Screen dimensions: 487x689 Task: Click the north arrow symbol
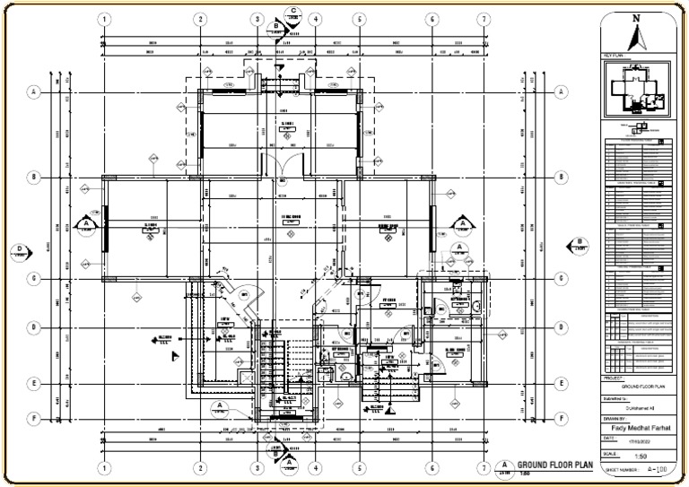coord(637,38)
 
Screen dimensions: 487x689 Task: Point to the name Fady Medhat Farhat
coord(638,428)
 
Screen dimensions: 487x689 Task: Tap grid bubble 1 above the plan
coord(104,20)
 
